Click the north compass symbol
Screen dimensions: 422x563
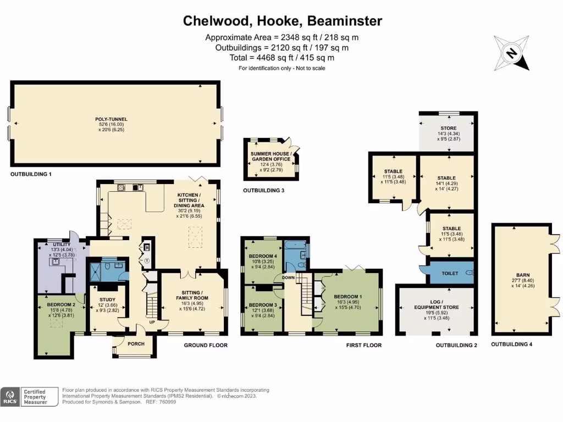click(x=511, y=53)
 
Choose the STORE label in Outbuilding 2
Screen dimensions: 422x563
click(x=446, y=128)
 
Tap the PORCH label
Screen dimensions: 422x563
click(x=135, y=345)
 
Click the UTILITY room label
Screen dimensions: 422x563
click(x=60, y=244)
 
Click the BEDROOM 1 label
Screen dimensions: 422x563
click(x=349, y=296)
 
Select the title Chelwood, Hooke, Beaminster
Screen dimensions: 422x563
click(x=282, y=21)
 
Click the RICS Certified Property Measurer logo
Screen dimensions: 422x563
click(x=30, y=396)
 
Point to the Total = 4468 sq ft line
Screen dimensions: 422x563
click(x=282, y=57)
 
